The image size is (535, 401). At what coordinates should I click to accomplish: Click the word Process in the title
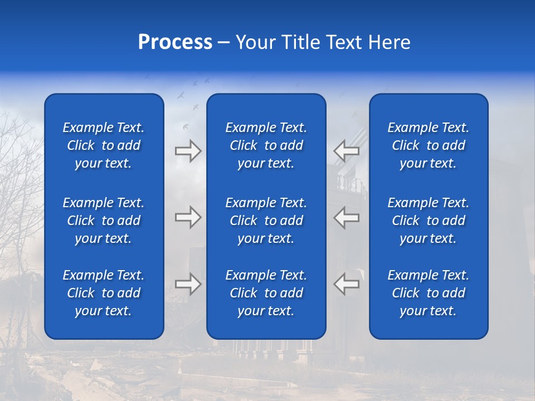click(x=175, y=42)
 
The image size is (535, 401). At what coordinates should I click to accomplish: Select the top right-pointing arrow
click(x=188, y=151)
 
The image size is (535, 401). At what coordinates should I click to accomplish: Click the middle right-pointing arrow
click(x=188, y=217)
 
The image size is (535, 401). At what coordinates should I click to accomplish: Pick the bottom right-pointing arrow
click(x=188, y=284)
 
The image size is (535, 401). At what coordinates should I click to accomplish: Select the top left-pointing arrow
click(x=346, y=151)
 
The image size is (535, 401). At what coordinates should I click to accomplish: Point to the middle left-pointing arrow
click(x=346, y=217)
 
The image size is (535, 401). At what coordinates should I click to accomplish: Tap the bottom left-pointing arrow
click(x=346, y=284)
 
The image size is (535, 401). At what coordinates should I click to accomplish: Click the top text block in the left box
click(x=104, y=145)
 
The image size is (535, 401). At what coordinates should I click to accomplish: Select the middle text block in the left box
click(x=104, y=221)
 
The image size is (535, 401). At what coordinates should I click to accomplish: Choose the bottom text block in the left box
click(x=104, y=293)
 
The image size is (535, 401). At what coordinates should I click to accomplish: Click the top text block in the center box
click(x=266, y=145)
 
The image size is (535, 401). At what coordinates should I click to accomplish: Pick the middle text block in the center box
click(x=266, y=221)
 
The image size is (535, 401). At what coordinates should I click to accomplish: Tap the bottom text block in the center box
click(x=266, y=293)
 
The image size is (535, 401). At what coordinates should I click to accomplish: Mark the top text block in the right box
click(x=428, y=145)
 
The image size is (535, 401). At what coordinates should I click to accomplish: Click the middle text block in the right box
click(x=428, y=221)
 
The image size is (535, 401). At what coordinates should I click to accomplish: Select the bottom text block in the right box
click(x=428, y=293)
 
